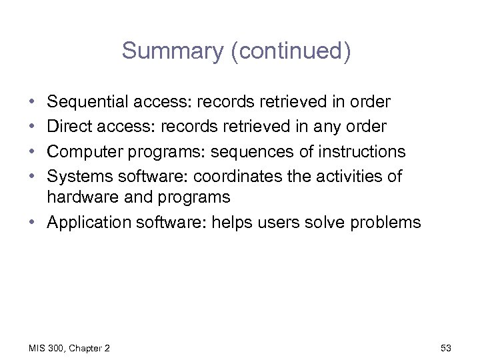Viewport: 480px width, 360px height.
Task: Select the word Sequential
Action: click(x=89, y=103)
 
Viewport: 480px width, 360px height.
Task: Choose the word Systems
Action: click(x=77, y=175)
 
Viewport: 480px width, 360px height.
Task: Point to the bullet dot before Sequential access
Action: click(x=33, y=103)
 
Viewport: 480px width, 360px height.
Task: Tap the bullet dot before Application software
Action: click(x=33, y=222)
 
